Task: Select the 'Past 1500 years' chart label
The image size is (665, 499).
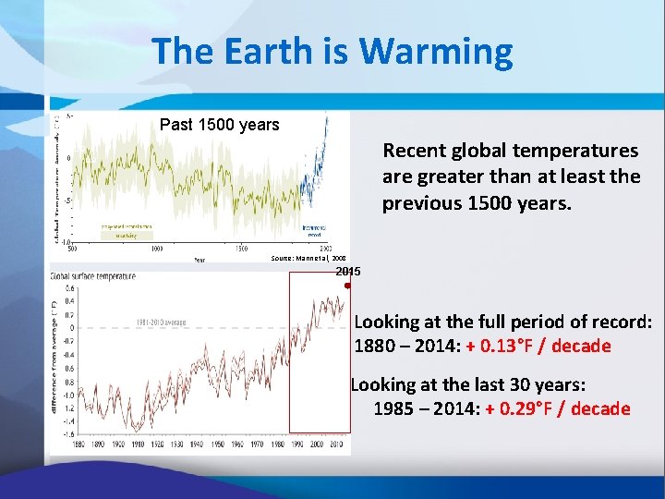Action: pyautogui.click(x=219, y=125)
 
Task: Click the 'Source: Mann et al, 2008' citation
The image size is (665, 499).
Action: pyautogui.click(x=308, y=259)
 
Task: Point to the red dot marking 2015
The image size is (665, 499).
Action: pyautogui.click(x=347, y=286)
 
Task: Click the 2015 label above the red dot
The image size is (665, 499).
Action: pyautogui.click(x=348, y=272)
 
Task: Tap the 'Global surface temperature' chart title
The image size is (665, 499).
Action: pyautogui.click(x=92, y=275)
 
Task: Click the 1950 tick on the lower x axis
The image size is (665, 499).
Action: pyautogui.click(x=217, y=444)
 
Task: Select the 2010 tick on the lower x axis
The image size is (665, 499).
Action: pyautogui.click(x=337, y=444)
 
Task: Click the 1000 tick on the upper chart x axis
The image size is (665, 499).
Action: pyautogui.click(x=157, y=249)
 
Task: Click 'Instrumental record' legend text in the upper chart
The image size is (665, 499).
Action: pyautogui.click(x=314, y=231)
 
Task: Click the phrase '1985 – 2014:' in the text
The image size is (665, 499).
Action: pyautogui.click(x=424, y=408)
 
